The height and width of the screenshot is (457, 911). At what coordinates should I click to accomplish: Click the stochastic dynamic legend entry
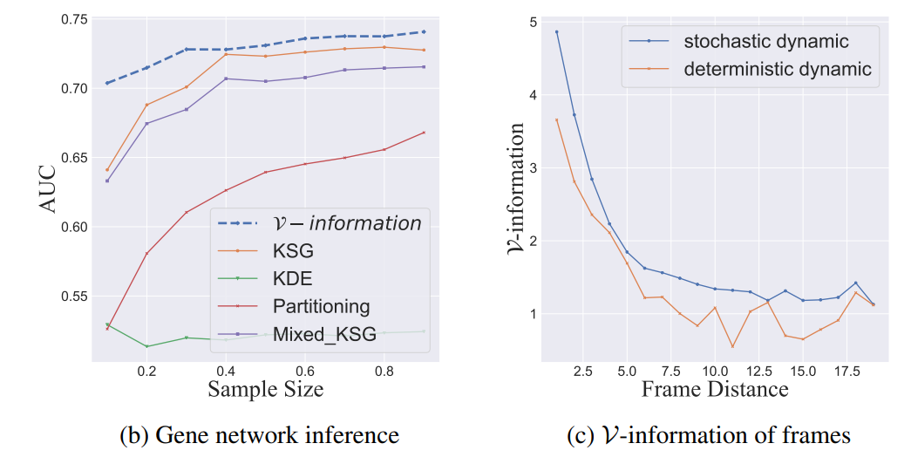[765, 41]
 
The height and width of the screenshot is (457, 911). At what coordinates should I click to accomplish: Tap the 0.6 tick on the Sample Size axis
[304, 371]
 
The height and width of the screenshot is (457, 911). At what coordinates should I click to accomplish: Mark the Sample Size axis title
[265, 390]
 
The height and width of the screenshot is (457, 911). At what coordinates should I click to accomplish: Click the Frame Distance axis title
[715, 390]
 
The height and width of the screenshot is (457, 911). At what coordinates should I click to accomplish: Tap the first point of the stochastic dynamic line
[556, 32]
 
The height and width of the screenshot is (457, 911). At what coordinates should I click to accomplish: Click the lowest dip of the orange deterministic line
[732, 346]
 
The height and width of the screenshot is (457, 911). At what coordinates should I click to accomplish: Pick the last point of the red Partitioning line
[424, 133]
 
